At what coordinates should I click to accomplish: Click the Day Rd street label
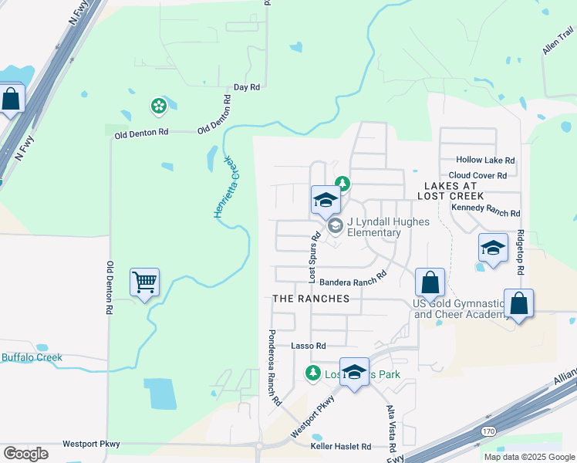(246, 88)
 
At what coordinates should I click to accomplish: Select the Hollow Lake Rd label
(485, 160)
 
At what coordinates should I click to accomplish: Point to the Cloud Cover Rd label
(477, 176)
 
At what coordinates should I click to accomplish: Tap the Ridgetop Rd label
(521, 252)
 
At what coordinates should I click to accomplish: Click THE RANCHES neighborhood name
(311, 299)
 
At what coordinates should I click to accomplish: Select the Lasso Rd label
(309, 346)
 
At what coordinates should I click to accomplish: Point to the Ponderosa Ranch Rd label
(274, 368)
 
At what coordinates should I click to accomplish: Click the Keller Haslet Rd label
(340, 447)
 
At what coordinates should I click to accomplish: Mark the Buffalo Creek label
(32, 358)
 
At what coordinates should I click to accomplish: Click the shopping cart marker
(144, 282)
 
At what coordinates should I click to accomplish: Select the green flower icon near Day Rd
(159, 105)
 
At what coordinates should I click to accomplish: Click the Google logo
(25, 454)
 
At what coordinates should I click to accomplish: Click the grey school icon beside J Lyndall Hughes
(336, 226)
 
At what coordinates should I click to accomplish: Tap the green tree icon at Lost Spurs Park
(312, 374)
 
